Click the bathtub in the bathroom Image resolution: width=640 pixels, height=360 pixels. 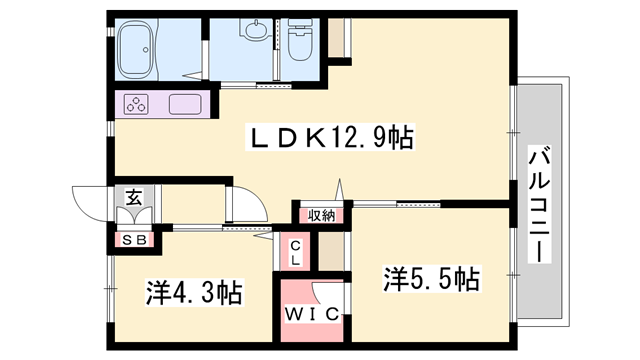click(x=136, y=49)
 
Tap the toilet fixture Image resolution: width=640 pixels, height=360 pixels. click(x=301, y=41)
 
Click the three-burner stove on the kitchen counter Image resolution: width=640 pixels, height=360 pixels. click(x=136, y=104)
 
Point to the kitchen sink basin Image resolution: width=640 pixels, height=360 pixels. click(x=185, y=104)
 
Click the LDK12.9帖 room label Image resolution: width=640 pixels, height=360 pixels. click(x=330, y=137)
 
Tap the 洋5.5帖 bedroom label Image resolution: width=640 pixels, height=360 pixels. click(x=431, y=278)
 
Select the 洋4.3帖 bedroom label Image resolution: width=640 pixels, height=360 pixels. click(x=194, y=291)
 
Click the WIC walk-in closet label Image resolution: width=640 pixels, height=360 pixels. click(x=312, y=314)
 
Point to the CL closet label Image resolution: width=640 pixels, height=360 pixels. click(x=296, y=253)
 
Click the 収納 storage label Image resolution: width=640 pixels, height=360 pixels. click(x=321, y=216)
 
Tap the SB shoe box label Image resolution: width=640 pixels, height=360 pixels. click(x=135, y=240)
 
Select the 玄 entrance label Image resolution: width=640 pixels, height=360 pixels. click(x=134, y=198)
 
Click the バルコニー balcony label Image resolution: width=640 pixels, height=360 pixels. click(x=540, y=204)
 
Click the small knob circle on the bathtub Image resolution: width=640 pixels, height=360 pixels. click(x=146, y=50)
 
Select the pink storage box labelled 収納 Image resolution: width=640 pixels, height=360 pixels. click(x=322, y=216)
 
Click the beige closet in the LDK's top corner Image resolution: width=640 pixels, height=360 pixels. click(x=337, y=38)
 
